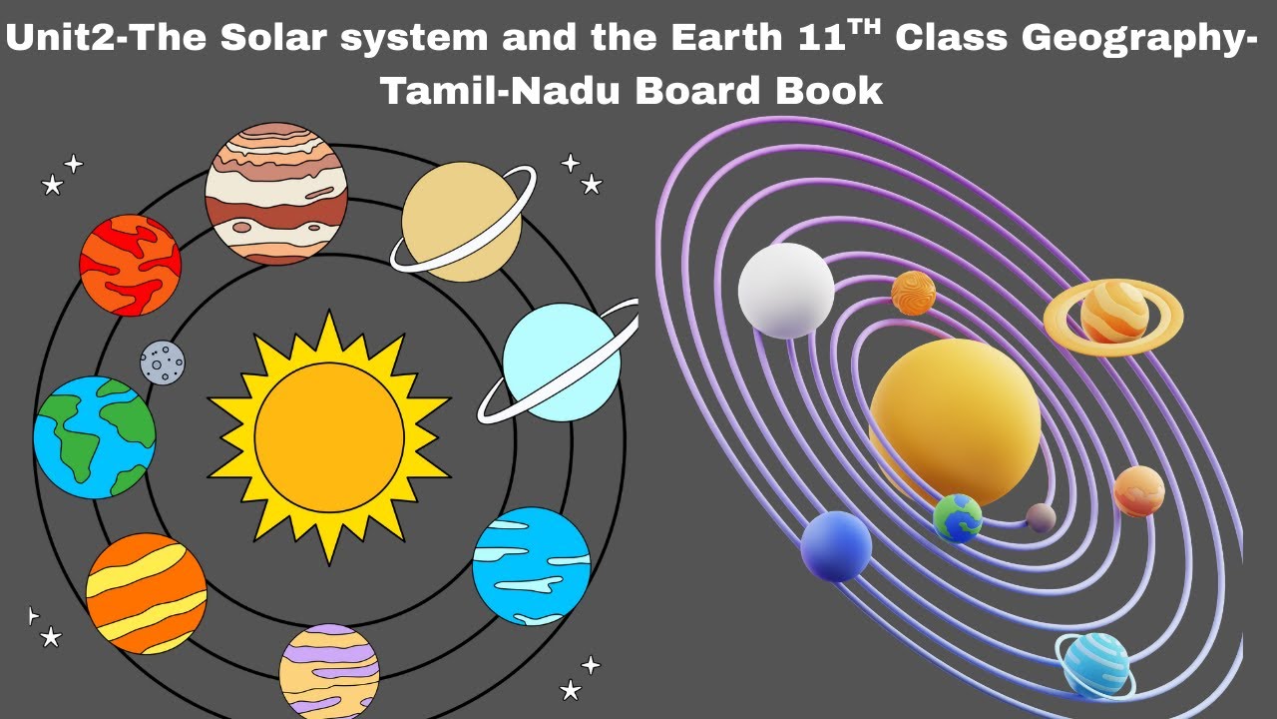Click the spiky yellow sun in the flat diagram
tap(329, 436)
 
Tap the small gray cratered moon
tap(162, 361)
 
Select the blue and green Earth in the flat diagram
tap(95, 436)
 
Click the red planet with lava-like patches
tap(130, 266)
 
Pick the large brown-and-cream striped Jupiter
tap(276, 194)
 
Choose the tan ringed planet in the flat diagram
tap(461, 222)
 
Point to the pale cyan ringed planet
tap(561, 362)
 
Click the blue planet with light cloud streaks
tap(531, 566)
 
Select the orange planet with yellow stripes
tap(146, 593)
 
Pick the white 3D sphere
tap(786, 291)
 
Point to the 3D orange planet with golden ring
tap(1113, 313)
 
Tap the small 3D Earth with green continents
tap(958, 518)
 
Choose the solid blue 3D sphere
tap(836, 546)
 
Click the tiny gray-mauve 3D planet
tap(1041, 517)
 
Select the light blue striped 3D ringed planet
tap(1095, 664)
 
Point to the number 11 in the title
tap(826, 39)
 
